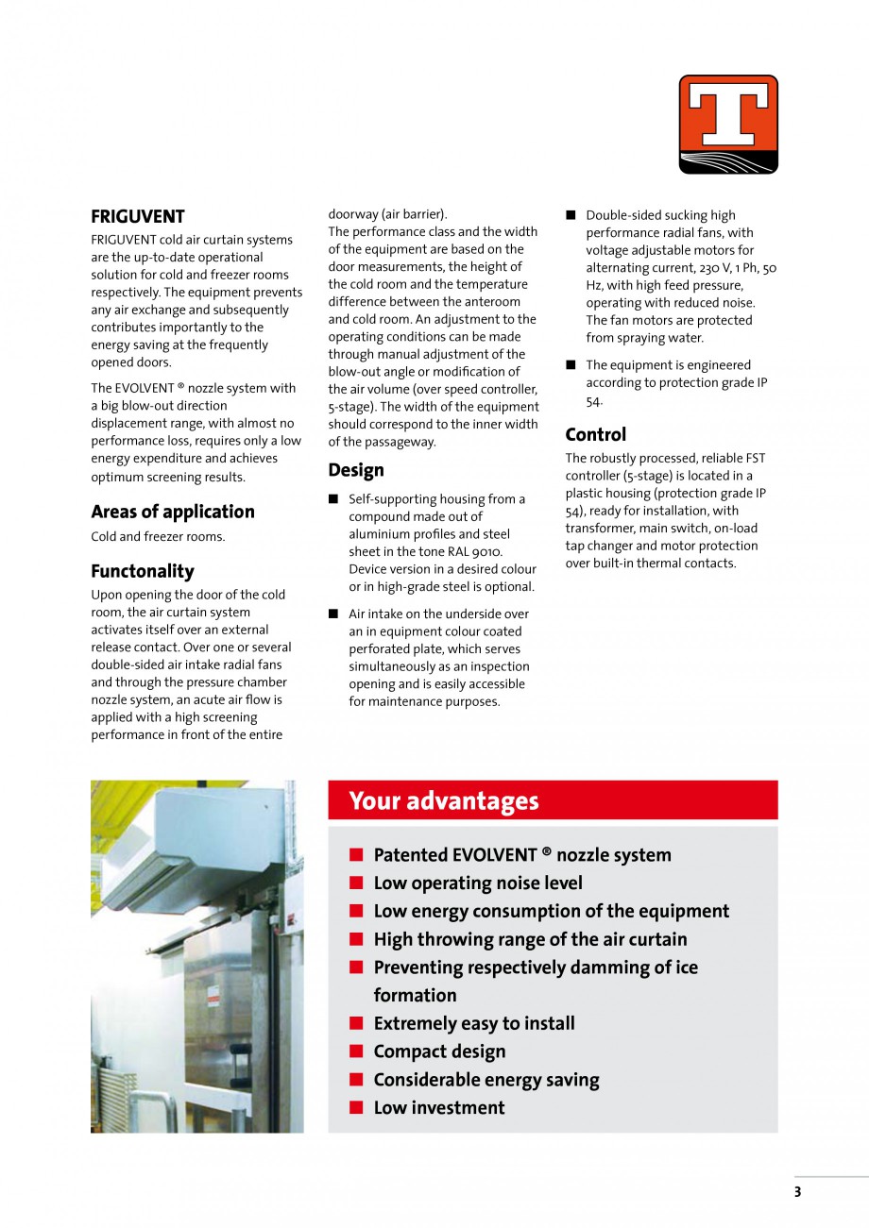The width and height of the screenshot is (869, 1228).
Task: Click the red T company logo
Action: pos(727,124)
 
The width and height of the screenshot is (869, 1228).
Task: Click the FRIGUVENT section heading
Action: pos(138,216)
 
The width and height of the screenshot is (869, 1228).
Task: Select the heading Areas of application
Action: pos(172,512)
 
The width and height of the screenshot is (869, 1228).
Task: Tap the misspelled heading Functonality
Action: pos(143,571)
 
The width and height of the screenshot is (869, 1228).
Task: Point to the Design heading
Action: pos(356,470)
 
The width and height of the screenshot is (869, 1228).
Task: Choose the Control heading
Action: pos(595,434)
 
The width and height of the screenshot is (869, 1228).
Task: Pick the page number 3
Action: pos(797,1191)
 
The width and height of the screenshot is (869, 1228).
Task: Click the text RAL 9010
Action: pos(478,551)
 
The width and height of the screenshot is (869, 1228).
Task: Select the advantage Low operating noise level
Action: pos(478,883)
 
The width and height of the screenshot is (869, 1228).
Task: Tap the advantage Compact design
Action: pos(439,1051)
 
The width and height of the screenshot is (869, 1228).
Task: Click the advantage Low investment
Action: pos(439,1107)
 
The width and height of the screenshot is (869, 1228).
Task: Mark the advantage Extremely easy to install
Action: pos(474,1023)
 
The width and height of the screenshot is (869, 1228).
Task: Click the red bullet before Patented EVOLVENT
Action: pos(356,855)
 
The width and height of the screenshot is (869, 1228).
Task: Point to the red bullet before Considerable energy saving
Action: pos(356,1080)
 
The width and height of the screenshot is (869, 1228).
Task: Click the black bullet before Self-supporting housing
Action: pos(333,499)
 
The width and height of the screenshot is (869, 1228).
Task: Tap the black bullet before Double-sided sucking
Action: pos(571,216)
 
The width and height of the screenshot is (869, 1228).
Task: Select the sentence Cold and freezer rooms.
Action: pos(158,537)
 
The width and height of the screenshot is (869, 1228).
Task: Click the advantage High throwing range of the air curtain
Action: pos(530,939)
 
